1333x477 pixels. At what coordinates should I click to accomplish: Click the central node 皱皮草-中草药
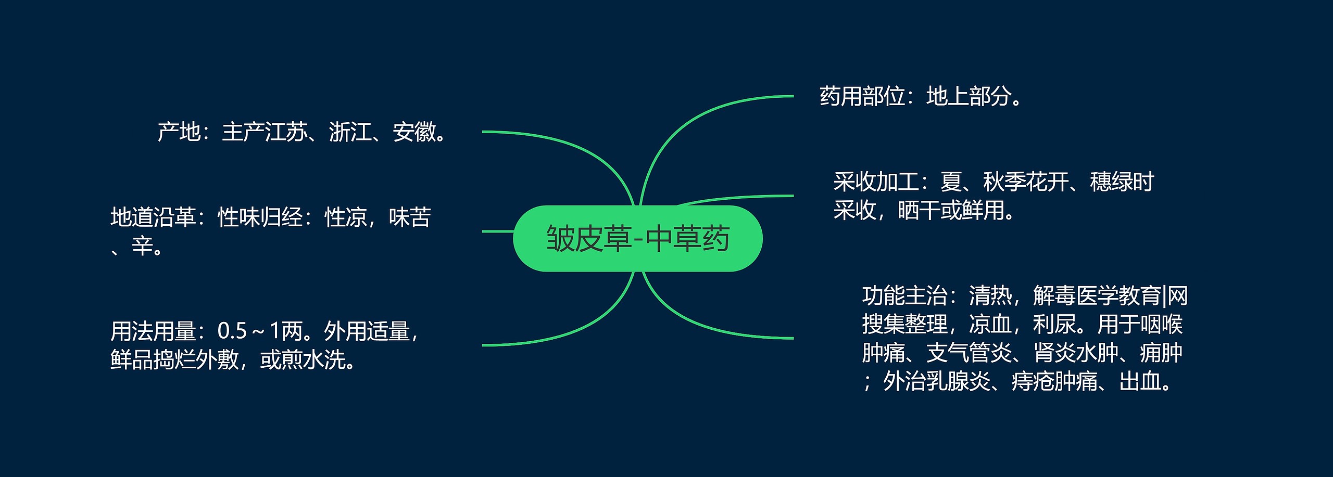click(x=637, y=239)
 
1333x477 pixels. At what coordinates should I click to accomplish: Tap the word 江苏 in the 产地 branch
click(x=286, y=132)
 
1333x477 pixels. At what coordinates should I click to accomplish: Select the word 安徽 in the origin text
click(x=414, y=132)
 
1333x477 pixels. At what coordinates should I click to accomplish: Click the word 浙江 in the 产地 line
click(x=350, y=132)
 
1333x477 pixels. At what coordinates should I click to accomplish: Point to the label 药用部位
click(x=862, y=96)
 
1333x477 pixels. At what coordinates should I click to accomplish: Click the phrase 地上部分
click(x=969, y=96)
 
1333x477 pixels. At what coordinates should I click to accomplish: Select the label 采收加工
click(x=876, y=182)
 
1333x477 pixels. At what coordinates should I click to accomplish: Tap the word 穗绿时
click(x=1122, y=182)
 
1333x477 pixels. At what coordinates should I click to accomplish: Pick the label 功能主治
click(x=904, y=296)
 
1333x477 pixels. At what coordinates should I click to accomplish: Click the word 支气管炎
click(x=969, y=353)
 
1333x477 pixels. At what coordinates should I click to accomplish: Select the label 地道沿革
click(x=153, y=217)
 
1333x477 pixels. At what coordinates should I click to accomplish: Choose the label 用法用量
click(x=153, y=331)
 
